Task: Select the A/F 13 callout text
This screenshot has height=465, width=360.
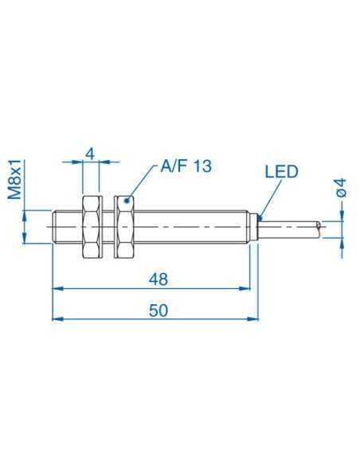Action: [186, 166]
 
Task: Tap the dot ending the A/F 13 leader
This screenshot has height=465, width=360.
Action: [127, 202]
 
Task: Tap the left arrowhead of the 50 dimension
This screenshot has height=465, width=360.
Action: [57, 318]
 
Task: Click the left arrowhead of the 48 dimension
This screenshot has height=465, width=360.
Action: [57, 288]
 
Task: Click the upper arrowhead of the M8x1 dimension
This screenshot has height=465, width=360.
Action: [27, 214]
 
